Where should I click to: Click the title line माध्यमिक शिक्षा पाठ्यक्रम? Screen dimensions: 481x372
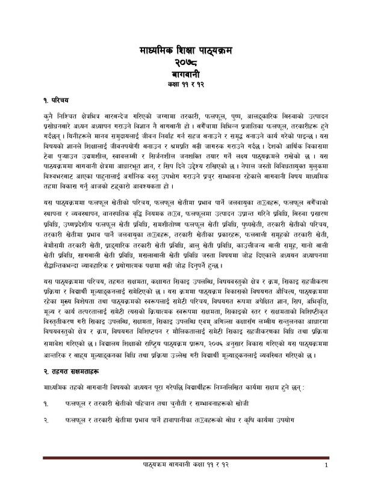pyautogui.click(x=185, y=52)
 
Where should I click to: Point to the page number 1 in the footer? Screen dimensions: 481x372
pyautogui.click(x=326, y=467)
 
